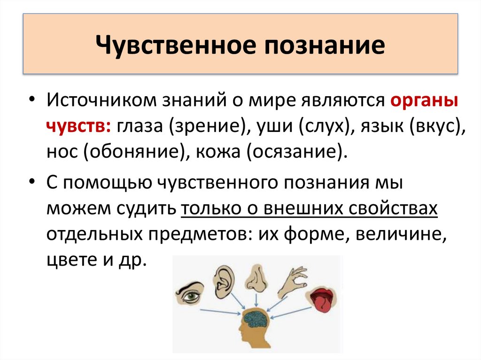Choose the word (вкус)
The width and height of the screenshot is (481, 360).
pyautogui.click(x=433, y=128)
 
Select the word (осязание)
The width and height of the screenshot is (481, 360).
pyautogui.click(x=296, y=153)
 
